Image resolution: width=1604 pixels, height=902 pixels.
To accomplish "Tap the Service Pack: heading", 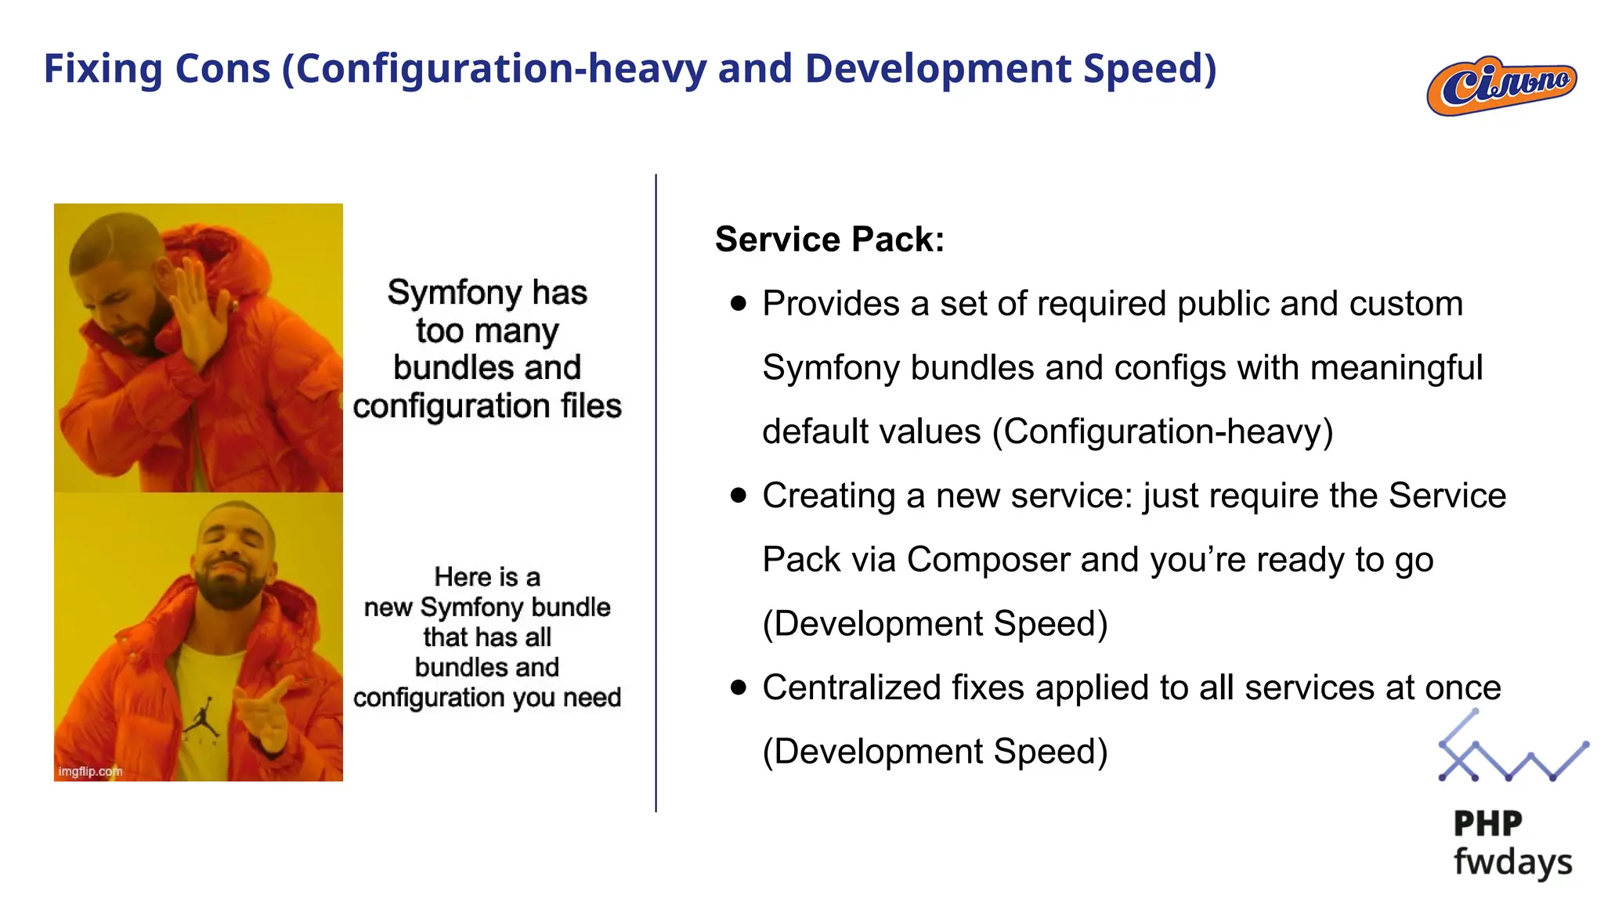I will point(829,240).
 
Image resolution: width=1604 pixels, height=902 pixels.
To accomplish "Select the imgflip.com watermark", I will point(90,771).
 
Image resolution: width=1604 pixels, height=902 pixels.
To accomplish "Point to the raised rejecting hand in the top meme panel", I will point(196,313).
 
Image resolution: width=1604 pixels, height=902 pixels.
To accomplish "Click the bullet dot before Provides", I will point(738,304).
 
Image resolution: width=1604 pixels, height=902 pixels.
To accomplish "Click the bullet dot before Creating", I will point(738,496).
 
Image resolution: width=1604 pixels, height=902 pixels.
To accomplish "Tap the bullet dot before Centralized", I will point(738,687).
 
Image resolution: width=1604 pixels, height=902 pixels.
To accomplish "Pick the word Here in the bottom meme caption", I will point(463,577).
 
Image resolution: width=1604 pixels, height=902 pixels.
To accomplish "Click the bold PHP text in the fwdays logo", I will point(1487,824).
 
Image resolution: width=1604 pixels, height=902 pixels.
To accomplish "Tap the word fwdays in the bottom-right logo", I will point(1512,862).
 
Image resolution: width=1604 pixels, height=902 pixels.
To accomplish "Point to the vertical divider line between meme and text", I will point(656,493).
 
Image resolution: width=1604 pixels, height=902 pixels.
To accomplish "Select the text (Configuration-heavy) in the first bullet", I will point(1162,431).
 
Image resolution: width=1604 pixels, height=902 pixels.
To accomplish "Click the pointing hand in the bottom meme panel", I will point(266,713).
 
